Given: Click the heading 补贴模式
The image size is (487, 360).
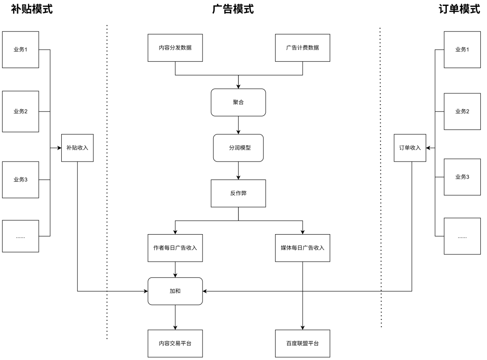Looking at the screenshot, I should tap(32, 9).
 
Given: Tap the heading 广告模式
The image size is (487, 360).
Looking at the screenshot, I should tap(233, 9).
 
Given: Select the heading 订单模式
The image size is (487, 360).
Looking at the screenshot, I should tap(459, 9).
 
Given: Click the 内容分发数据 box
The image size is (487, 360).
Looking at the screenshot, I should tap(175, 47).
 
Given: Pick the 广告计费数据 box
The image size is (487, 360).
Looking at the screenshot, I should tap(302, 47).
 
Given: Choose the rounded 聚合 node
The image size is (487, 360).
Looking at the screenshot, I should tap(238, 102).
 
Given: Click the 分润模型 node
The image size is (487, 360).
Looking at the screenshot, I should tap(238, 148).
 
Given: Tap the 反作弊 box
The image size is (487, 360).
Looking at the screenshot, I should tap(238, 193).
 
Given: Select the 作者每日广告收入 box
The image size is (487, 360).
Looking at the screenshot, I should tap(175, 248).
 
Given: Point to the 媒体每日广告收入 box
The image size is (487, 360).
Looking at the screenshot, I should tap(302, 248).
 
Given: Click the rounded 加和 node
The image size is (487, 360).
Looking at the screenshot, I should tap(175, 291).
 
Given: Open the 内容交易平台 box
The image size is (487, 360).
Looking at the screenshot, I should tap(175, 343).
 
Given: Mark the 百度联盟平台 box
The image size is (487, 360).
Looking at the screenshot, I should tap(302, 343).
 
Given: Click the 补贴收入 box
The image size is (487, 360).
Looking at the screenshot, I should tap(78, 148).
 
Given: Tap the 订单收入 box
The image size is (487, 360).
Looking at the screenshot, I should tap(410, 148).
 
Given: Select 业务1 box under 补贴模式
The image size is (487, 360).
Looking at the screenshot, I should tap(20, 50).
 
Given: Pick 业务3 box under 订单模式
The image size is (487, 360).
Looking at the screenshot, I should tap(462, 176).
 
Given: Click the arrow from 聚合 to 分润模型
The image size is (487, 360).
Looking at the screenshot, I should tap(238, 125).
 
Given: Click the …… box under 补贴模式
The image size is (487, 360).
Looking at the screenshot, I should tap(20, 236).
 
